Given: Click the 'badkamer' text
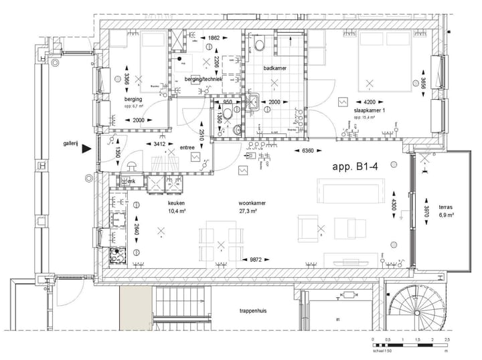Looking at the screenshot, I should click(x=276, y=68).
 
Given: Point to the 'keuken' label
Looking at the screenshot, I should click(x=176, y=202).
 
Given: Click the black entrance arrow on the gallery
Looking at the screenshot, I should click(x=85, y=151).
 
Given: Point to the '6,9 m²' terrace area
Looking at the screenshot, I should click(x=447, y=216).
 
